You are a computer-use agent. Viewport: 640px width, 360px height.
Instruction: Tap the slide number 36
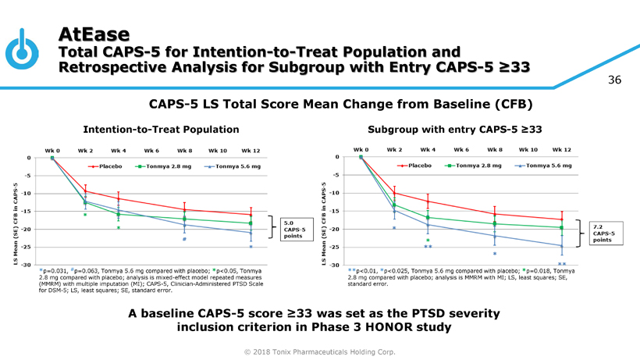click(x=619, y=80)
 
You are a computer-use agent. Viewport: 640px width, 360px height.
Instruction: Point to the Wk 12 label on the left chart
click(x=251, y=150)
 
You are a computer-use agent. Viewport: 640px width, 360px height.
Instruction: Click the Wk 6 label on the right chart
click(x=461, y=149)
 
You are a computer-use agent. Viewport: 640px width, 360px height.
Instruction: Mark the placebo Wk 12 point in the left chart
click(x=251, y=215)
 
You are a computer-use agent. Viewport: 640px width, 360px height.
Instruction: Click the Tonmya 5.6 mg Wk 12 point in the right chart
click(x=561, y=246)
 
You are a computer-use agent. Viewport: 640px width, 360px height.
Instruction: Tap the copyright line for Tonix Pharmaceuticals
click(x=319, y=352)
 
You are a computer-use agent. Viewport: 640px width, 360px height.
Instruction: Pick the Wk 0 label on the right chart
click(x=361, y=149)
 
